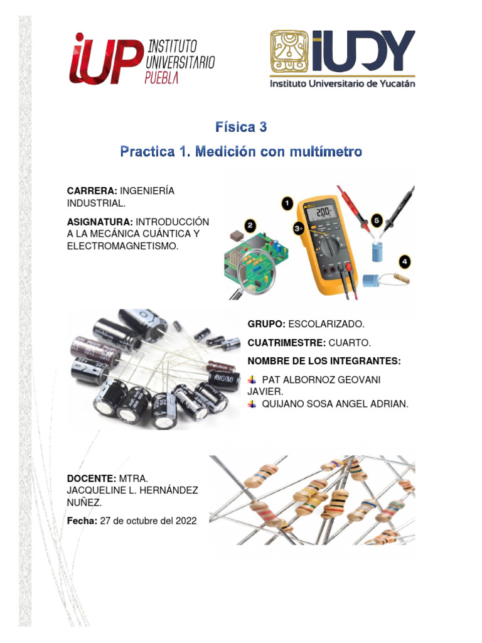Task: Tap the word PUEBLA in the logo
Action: (x=162, y=77)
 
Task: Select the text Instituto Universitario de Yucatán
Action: (x=343, y=83)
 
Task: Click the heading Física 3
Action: (x=241, y=127)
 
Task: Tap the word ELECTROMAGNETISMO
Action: (x=122, y=247)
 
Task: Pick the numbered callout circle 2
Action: (x=250, y=225)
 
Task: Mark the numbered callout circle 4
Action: (x=405, y=261)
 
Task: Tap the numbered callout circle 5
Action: (x=377, y=221)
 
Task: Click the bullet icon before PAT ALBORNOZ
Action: (x=252, y=380)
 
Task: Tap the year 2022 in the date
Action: (x=184, y=521)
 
